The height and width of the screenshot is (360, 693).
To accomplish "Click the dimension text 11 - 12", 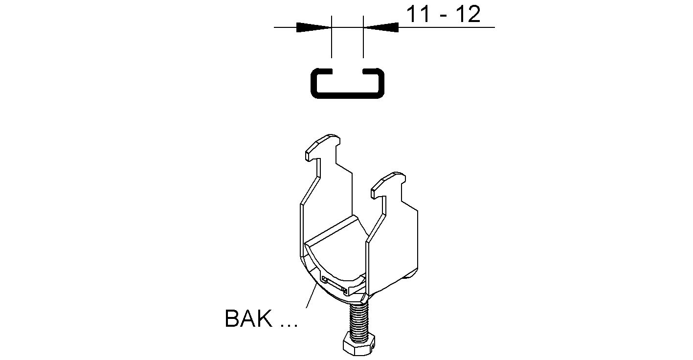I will coord(444,15).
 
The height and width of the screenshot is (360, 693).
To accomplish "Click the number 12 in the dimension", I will coord(467,15).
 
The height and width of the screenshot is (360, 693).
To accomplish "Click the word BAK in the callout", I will coord(248,319).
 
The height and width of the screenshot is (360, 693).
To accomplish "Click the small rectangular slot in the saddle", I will coord(335,285).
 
